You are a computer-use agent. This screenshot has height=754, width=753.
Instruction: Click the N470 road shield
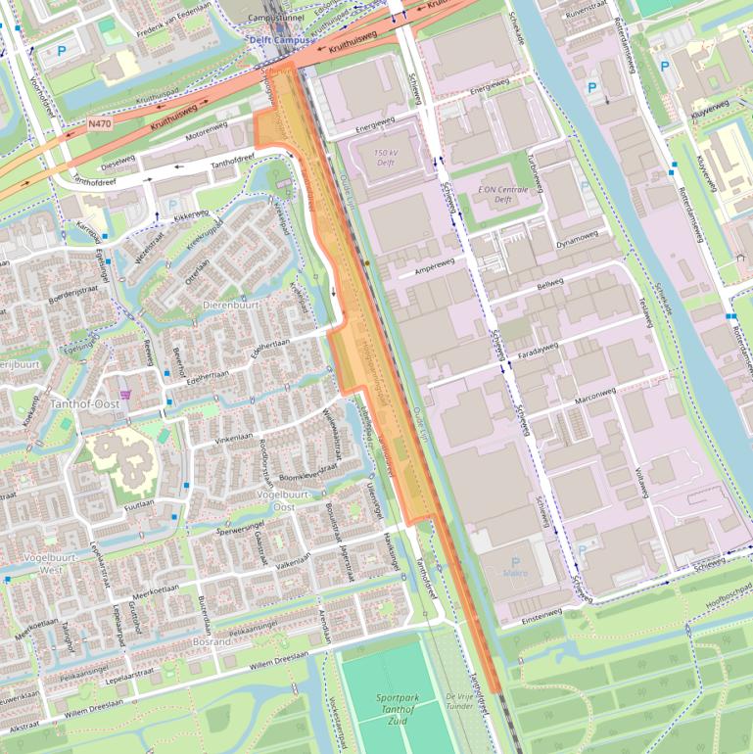click(99, 124)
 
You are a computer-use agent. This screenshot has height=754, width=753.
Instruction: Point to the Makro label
click(514, 573)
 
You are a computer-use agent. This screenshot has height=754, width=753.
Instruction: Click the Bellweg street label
click(551, 285)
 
